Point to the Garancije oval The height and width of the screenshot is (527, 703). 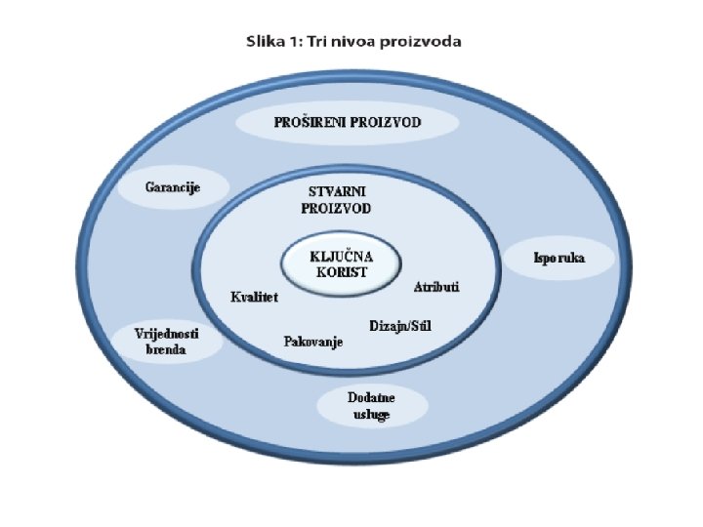(x=173, y=187)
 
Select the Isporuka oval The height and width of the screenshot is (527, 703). (x=559, y=259)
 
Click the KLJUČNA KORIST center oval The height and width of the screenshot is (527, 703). (x=341, y=264)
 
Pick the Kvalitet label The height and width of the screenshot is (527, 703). (x=254, y=298)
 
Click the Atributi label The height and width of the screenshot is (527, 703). (x=436, y=287)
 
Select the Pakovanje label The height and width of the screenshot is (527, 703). (x=312, y=342)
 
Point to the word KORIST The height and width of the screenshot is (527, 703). (x=341, y=273)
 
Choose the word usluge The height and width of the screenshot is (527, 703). (x=371, y=415)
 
